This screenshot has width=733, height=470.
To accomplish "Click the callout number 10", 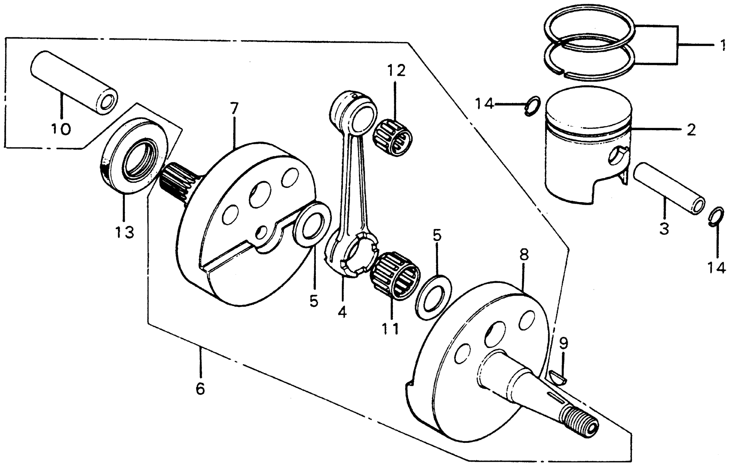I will (61, 129).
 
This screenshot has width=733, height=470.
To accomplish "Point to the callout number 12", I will (397, 71).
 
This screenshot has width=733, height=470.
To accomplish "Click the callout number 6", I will (200, 388).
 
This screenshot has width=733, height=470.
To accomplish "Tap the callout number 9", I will (564, 343).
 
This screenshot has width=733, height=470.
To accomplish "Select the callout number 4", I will (342, 312).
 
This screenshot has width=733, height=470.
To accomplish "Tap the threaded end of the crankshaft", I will (578, 421).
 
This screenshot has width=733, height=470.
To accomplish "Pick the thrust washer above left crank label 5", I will (311, 225).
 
